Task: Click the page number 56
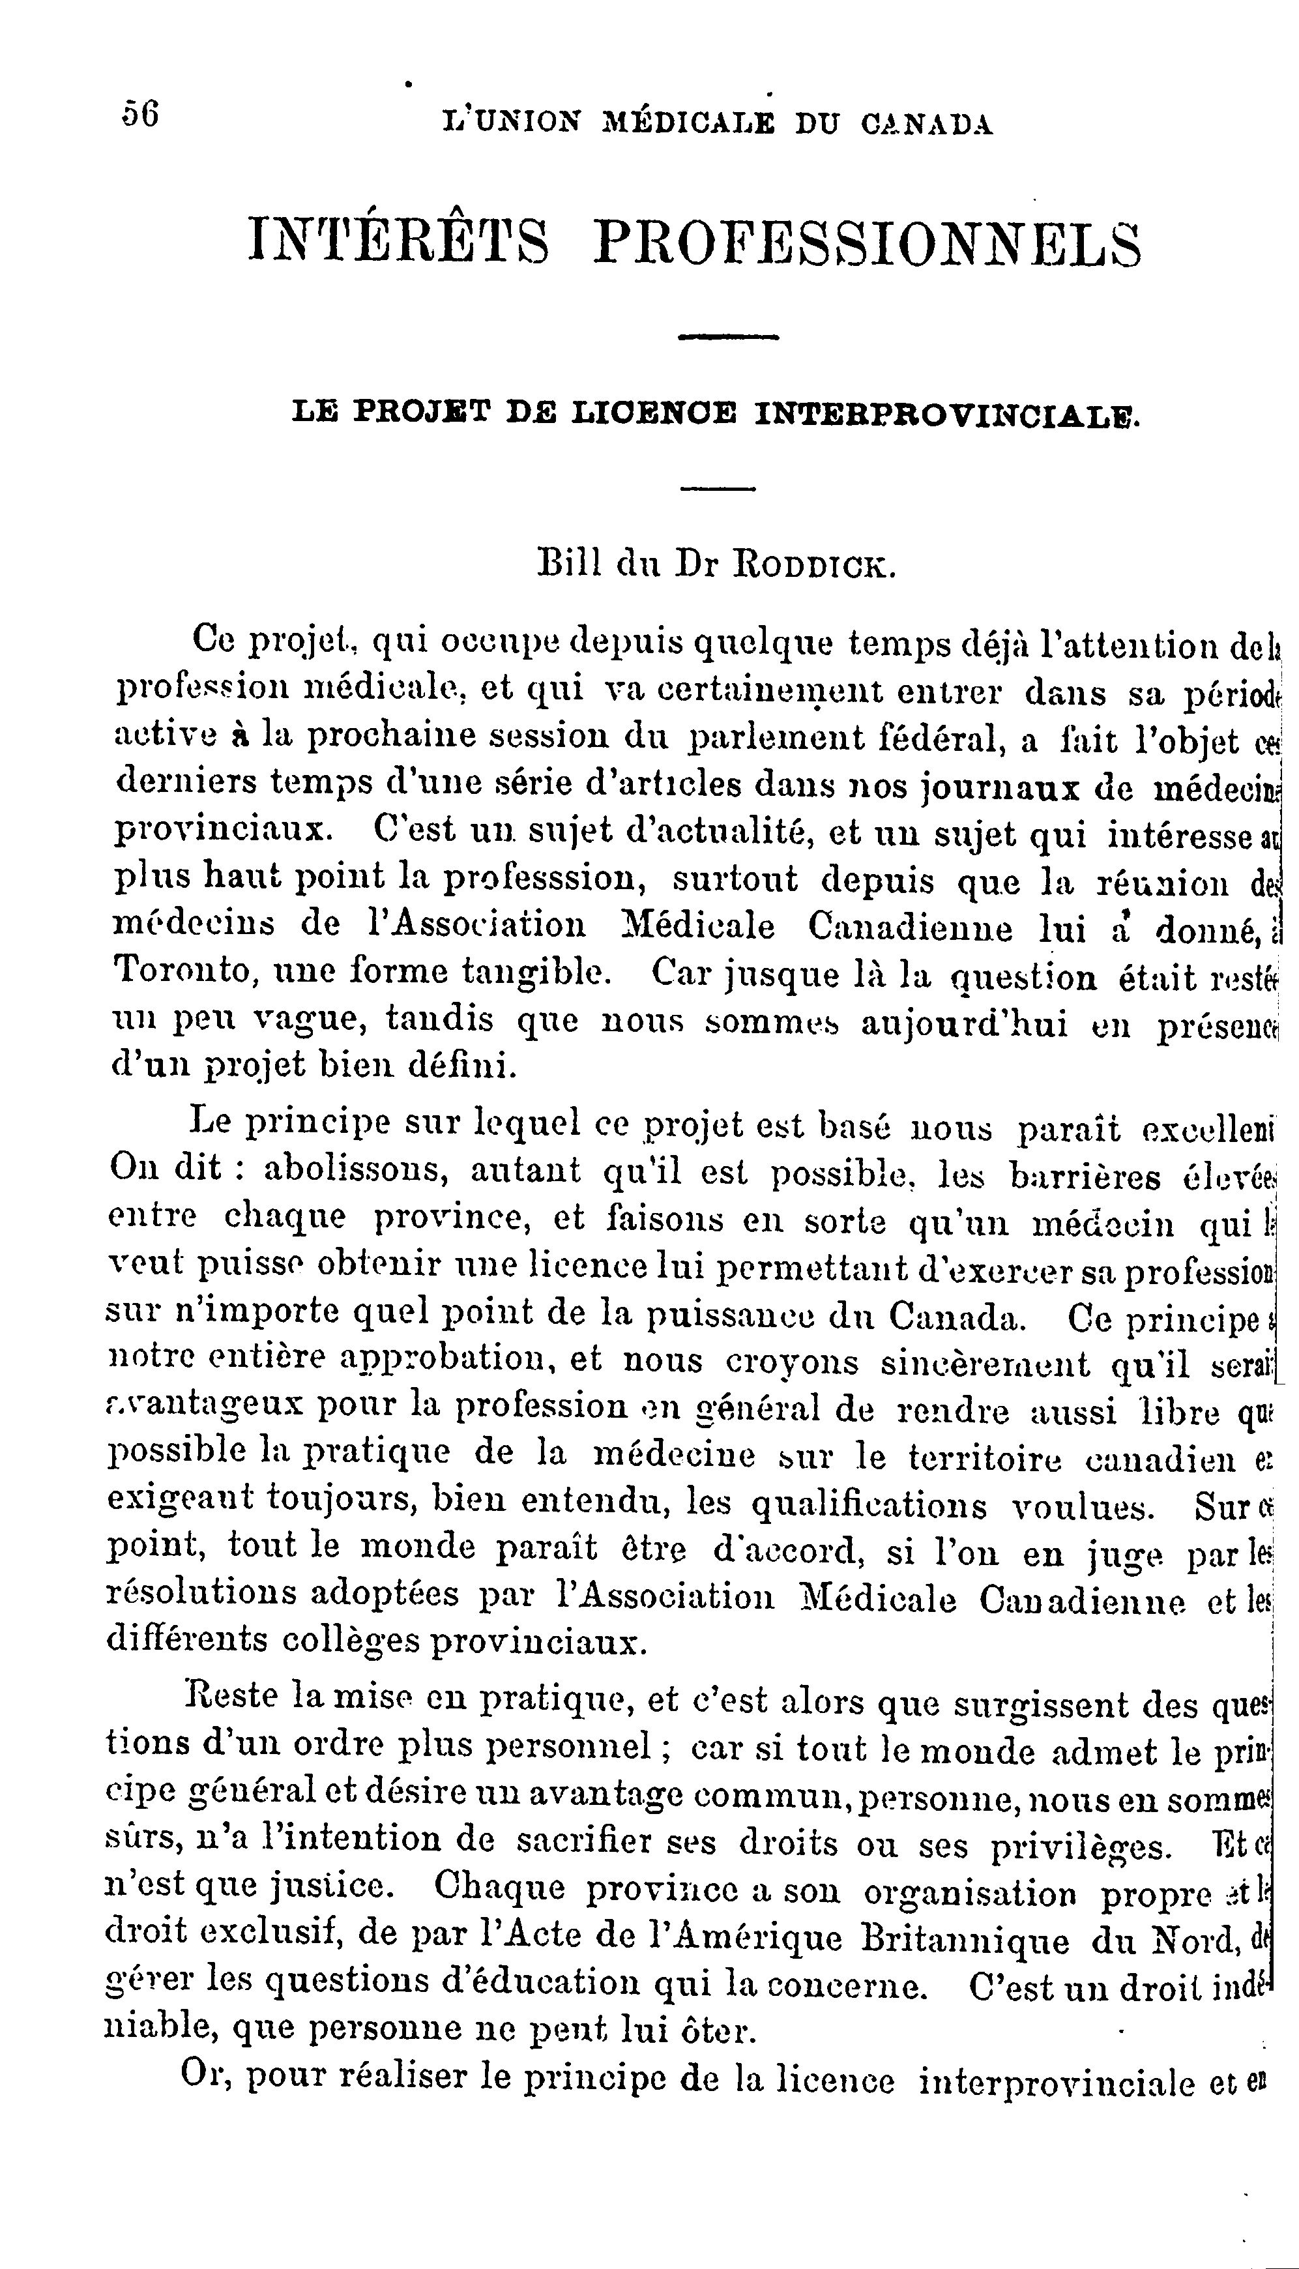[141, 115]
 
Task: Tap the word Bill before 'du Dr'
[568, 564]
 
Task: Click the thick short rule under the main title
[729, 337]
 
